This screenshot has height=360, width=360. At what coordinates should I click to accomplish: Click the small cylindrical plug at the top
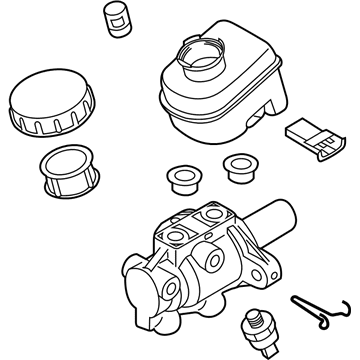click(117, 19)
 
